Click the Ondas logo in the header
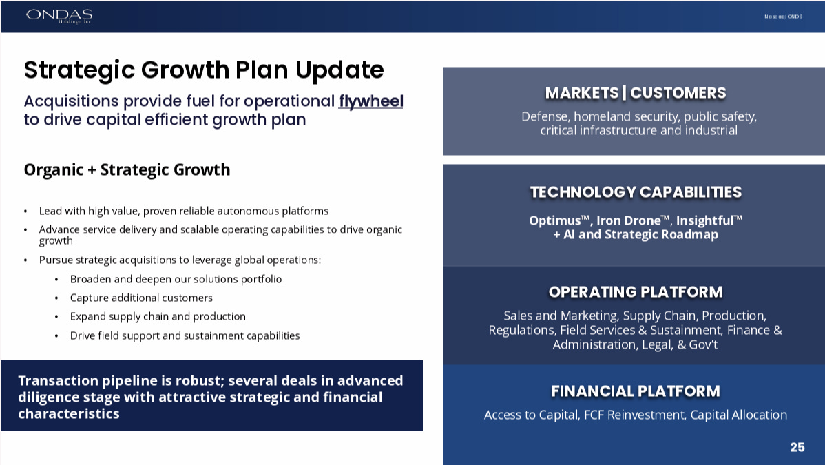pos(59,16)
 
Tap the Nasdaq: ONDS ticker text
pos(783,17)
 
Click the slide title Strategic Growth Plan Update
pos(204,70)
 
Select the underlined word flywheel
pos(371,101)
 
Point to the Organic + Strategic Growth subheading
pos(127,169)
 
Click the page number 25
pos(797,447)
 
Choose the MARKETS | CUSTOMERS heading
pos(636,93)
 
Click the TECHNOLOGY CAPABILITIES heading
pos(636,192)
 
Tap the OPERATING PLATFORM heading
pos(636,291)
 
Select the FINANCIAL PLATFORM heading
pos(636,391)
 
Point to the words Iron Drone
pos(628,220)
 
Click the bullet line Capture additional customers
pos(142,298)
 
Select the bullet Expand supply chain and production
pos(158,316)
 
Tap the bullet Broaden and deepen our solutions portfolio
pos(176,279)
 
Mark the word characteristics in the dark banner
pos(69,414)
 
